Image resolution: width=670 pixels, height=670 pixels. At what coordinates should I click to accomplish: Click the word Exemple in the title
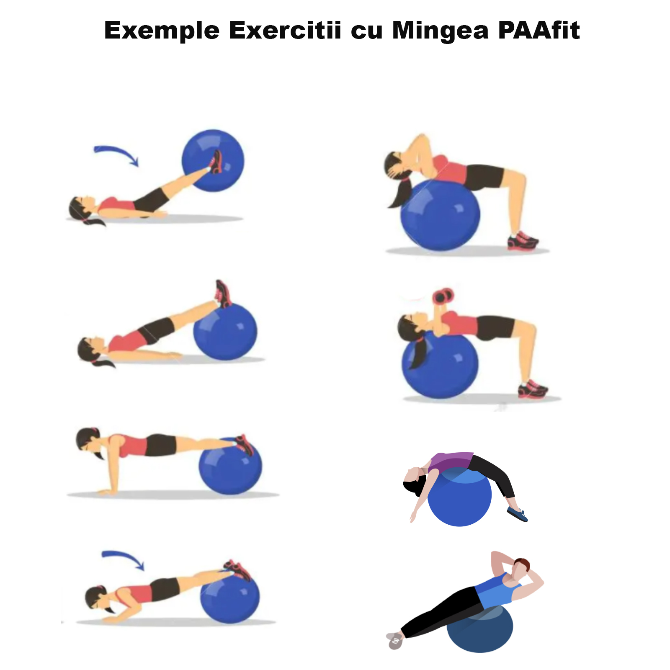click(x=162, y=31)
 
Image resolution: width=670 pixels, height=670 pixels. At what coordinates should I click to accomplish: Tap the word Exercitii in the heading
click(x=285, y=30)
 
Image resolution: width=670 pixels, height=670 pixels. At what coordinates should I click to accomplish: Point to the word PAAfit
click(x=539, y=30)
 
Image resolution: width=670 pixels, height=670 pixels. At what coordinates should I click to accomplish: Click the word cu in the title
click(x=366, y=32)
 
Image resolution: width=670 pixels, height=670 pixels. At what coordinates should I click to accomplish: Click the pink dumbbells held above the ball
click(x=443, y=296)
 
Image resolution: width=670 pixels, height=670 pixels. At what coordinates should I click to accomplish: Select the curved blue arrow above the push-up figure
click(x=123, y=557)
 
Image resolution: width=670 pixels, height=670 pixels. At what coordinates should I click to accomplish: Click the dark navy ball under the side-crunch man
click(x=480, y=629)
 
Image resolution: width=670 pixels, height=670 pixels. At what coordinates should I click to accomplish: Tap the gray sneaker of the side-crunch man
click(x=394, y=641)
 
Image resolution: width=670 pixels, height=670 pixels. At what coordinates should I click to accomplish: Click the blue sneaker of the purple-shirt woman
click(x=518, y=514)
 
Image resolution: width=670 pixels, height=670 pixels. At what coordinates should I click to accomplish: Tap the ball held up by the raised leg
click(x=213, y=161)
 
